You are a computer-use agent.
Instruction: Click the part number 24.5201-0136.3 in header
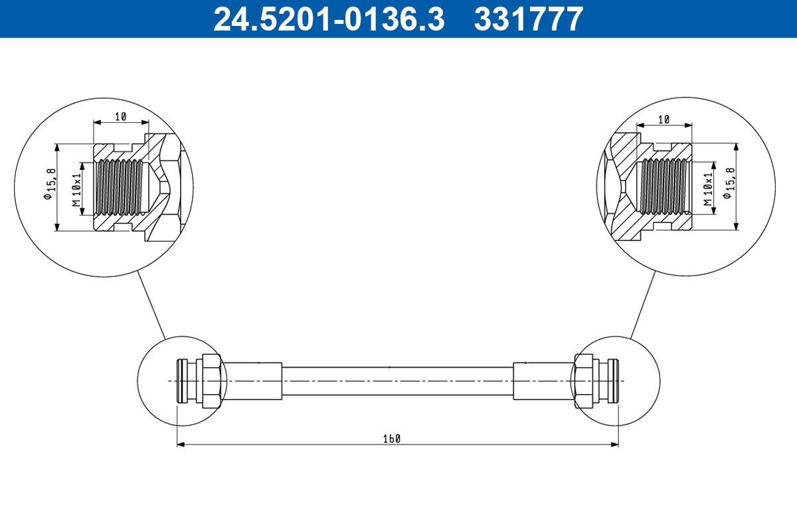pyautogui.click(x=328, y=19)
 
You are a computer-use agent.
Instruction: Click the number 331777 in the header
pyautogui.click(x=528, y=19)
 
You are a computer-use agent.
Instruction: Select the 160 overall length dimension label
pyautogui.click(x=392, y=438)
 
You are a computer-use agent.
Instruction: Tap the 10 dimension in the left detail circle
pyautogui.click(x=120, y=117)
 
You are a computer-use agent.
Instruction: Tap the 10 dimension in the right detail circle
pyautogui.click(x=663, y=119)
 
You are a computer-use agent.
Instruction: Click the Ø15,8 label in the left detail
pyautogui.click(x=48, y=187)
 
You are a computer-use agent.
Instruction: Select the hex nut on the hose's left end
pyautogui.click(x=211, y=381)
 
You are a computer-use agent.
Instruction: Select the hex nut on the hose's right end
pyautogui.click(x=583, y=381)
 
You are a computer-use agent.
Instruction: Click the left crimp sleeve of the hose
pyautogui.click(x=252, y=381)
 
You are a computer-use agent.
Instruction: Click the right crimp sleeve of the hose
pyautogui.click(x=543, y=381)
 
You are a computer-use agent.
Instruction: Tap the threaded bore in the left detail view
pyautogui.click(x=118, y=188)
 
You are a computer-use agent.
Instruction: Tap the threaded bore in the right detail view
pyautogui.click(x=664, y=188)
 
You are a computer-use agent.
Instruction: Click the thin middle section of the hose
pyautogui.click(x=397, y=381)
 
